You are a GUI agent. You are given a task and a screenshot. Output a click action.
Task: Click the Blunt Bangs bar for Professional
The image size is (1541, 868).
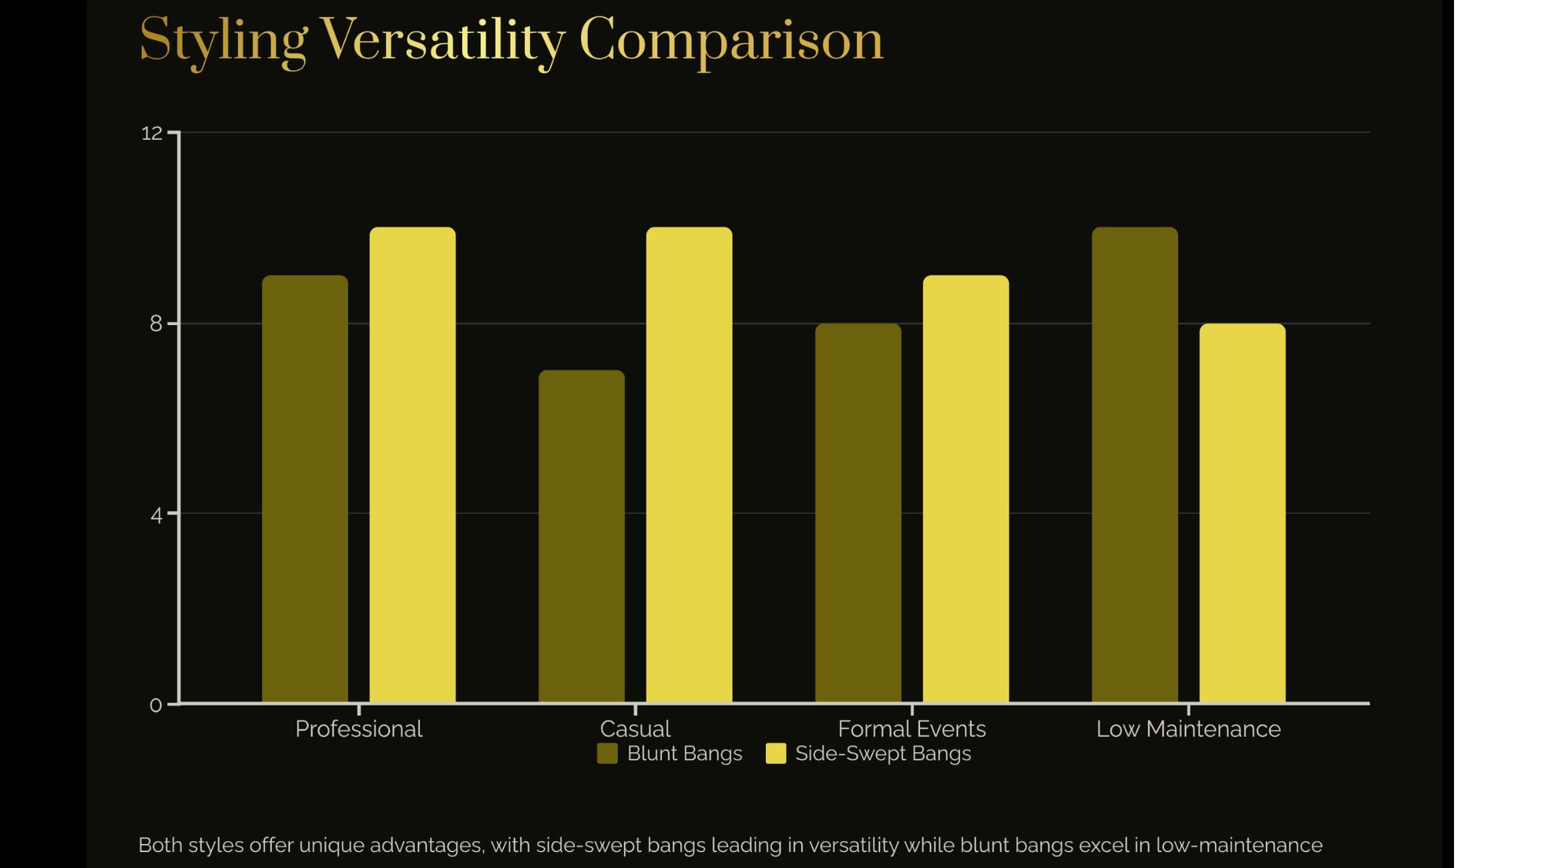pyautogui.click(x=304, y=489)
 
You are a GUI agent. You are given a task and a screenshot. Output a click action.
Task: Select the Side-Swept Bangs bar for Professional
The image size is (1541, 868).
pyautogui.click(x=412, y=465)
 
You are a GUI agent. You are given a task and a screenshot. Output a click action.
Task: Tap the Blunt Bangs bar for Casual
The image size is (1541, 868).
pyautogui.click(x=581, y=537)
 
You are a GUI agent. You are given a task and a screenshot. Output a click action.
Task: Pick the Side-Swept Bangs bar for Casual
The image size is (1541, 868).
pyautogui.click(x=689, y=465)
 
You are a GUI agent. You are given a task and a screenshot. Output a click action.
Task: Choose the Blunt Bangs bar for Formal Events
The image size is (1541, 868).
pyautogui.click(x=858, y=513)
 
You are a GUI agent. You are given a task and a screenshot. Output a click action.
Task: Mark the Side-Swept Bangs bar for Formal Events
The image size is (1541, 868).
pyautogui.click(x=965, y=489)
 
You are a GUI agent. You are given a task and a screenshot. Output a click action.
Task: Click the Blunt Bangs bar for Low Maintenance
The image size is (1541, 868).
pyautogui.click(x=1134, y=465)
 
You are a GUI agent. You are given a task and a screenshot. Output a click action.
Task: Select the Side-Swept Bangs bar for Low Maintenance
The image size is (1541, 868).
pyautogui.click(x=1242, y=513)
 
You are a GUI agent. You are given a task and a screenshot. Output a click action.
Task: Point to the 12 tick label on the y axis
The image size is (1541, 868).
pyautogui.click(x=152, y=133)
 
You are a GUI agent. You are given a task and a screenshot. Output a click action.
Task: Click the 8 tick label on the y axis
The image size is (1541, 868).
pyautogui.click(x=156, y=323)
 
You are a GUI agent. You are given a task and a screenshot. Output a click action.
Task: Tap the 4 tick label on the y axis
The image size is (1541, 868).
pyautogui.click(x=156, y=514)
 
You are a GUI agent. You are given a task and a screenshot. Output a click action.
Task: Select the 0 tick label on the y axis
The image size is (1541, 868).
pyautogui.click(x=156, y=705)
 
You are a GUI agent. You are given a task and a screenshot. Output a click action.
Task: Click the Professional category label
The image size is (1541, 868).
pyautogui.click(x=358, y=729)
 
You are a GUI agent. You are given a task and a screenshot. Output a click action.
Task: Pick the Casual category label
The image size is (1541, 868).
pyautogui.click(x=635, y=729)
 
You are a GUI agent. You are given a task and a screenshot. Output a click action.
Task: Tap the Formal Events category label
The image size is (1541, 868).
pyautogui.click(x=912, y=729)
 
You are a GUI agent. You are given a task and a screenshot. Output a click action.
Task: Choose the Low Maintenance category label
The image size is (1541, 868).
pyautogui.click(x=1188, y=729)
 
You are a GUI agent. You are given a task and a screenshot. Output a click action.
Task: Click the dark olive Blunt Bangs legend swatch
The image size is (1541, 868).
pyautogui.click(x=607, y=753)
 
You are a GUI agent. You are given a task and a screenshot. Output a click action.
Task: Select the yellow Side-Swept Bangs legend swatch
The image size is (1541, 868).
pyautogui.click(x=776, y=753)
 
